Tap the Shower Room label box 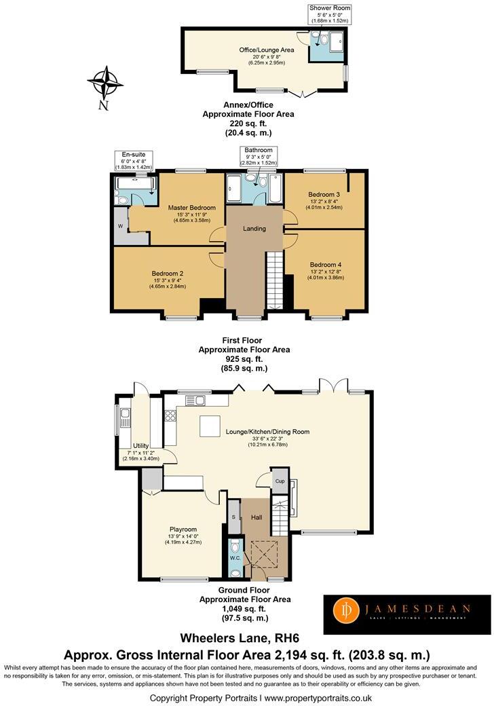coord(330,14)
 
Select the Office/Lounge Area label coord(267,50)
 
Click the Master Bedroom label coord(191,208)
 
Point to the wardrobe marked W coord(121,226)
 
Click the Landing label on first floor coord(254,229)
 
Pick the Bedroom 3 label coord(324,195)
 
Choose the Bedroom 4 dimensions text coord(326,275)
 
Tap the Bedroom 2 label coord(168,274)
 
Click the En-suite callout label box coord(134,161)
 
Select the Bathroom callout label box coord(259,156)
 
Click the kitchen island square coord(209,426)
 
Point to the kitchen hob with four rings coord(170,415)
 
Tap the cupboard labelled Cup coord(280,481)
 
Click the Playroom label coord(183,529)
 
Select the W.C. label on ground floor coord(235,558)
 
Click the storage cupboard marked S coord(233,517)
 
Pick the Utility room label coord(141,446)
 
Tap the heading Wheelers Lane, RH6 coord(240,638)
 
